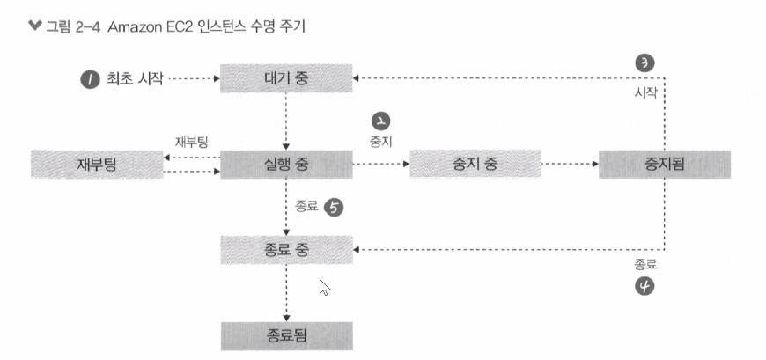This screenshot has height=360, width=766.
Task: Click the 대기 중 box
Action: [x=285, y=78]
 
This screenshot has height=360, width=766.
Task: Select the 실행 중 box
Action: [x=285, y=164]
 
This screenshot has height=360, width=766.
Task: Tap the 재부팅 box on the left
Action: [x=96, y=164]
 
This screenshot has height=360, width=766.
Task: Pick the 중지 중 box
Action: [x=475, y=164]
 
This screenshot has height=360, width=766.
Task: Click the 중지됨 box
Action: [x=664, y=164]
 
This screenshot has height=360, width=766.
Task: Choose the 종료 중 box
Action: [x=285, y=251]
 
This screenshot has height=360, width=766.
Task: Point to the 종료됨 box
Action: [x=285, y=335]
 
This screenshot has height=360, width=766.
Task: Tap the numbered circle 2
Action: [x=381, y=121]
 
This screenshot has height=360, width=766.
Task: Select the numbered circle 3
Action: [x=644, y=62]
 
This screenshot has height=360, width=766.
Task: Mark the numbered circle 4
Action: [x=644, y=285]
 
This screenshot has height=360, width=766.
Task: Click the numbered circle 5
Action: [x=334, y=208]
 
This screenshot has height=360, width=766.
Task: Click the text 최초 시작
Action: [x=133, y=79]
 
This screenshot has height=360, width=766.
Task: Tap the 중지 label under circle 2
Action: [x=382, y=139]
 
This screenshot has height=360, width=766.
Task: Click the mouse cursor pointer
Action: [x=324, y=286]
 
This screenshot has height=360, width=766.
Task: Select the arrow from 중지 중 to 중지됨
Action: [x=568, y=164]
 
